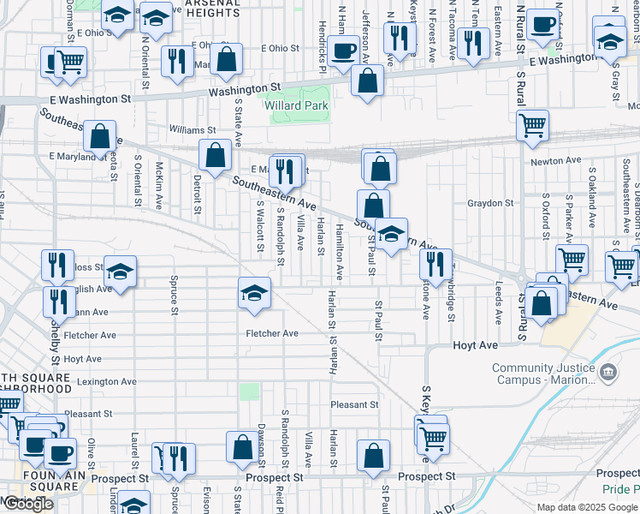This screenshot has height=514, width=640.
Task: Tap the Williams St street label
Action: point(187,129)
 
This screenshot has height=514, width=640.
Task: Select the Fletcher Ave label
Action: point(272,333)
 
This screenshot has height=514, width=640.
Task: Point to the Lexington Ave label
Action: point(106,381)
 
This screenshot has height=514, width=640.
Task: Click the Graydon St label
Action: point(489,203)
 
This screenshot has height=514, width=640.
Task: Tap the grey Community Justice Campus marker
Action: point(608,371)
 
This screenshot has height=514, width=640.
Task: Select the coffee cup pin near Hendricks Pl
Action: point(343,51)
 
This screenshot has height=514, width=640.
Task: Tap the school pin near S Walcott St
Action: point(253,294)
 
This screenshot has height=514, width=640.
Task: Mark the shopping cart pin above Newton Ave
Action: point(533,125)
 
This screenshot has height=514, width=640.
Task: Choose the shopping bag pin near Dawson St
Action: point(242,447)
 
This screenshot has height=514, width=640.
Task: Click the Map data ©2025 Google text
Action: point(588,507)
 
